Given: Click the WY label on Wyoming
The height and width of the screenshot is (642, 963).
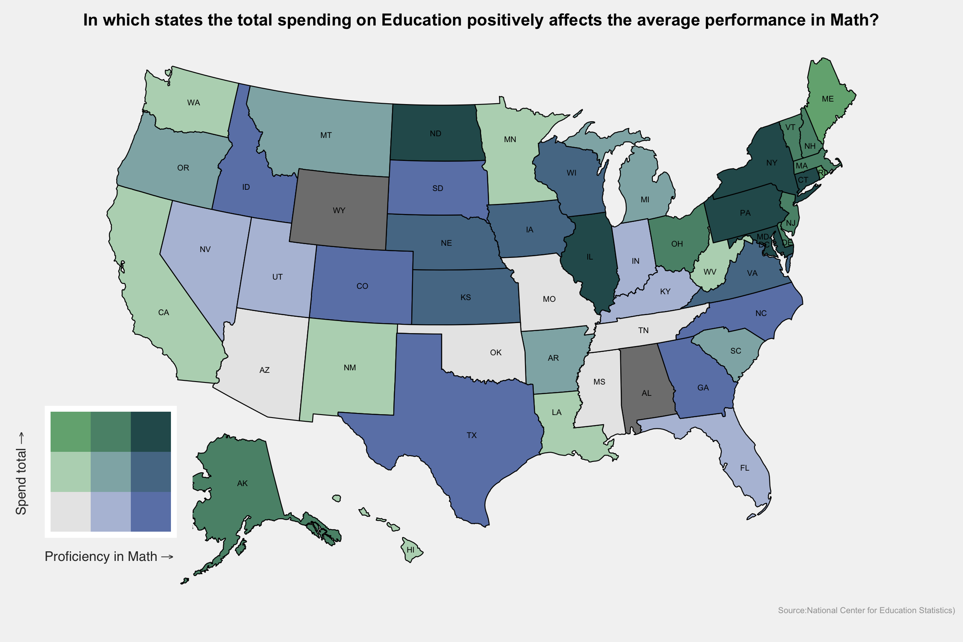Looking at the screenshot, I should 339,210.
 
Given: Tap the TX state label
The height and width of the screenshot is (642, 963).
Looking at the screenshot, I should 471,435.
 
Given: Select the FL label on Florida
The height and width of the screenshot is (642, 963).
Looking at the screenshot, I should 744,468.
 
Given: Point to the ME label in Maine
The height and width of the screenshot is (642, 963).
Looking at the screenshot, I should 828,99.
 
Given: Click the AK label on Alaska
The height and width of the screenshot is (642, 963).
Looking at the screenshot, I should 242,483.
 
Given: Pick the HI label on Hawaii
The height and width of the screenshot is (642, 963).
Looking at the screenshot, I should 410,550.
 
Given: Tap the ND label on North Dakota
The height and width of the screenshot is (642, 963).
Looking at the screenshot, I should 436,133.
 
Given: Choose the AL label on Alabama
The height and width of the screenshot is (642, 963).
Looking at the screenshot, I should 646,393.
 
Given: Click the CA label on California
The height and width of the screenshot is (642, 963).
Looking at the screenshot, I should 163,312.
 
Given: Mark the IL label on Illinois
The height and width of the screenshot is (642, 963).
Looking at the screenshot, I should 589,257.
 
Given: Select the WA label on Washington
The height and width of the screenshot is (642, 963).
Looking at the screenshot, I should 194,102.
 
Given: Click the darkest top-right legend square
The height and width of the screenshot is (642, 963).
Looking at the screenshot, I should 151,432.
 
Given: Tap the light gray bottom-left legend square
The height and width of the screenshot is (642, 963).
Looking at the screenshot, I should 71,512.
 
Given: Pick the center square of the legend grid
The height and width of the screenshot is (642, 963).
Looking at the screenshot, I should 111,472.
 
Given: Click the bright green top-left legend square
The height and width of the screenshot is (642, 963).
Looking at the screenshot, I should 71,432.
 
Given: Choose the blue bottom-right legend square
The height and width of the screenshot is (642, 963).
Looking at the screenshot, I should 151,512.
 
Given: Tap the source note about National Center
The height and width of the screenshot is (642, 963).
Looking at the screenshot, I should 866,610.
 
